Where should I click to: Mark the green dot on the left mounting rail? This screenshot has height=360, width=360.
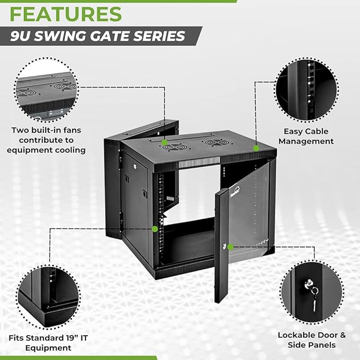(155, 229)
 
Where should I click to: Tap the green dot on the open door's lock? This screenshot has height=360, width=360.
(230, 247)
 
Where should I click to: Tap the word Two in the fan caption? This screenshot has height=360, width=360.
(20, 130)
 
